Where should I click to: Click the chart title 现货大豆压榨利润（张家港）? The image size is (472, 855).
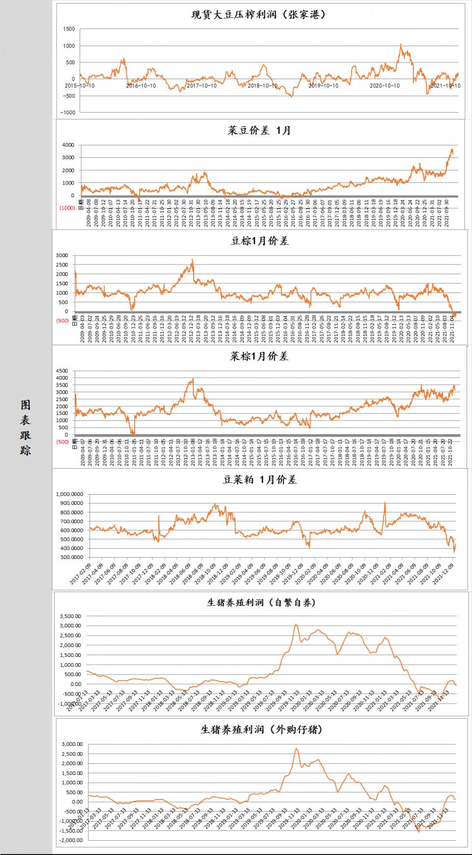tap(259, 15)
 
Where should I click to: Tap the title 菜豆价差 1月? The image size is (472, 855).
tap(259, 130)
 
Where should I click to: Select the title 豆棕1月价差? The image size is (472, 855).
tap(260, 241)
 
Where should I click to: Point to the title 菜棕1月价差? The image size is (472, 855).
tap(259, 356)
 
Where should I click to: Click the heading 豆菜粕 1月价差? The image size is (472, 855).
tap(260, 480)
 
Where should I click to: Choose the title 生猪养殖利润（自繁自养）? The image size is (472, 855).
tap(261, 602)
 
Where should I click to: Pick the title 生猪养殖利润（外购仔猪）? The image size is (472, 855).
tap(261, 730)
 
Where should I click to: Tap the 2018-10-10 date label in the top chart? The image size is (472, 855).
tap(262, 86)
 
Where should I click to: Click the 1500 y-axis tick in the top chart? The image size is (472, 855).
tap(69, 29)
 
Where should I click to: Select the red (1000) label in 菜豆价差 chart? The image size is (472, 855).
tap(67, 208)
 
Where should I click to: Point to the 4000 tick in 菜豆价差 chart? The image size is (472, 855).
tap(68, 145)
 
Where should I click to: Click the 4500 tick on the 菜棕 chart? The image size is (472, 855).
tap(62, 371)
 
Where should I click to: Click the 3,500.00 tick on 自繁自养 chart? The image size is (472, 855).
tap(70, 616)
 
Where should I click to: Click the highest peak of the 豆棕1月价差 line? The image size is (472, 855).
tap(192, 260)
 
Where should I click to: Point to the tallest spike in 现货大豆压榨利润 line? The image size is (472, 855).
tap(401, 45)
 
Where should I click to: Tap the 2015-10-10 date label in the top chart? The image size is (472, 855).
tap(80, 86)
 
